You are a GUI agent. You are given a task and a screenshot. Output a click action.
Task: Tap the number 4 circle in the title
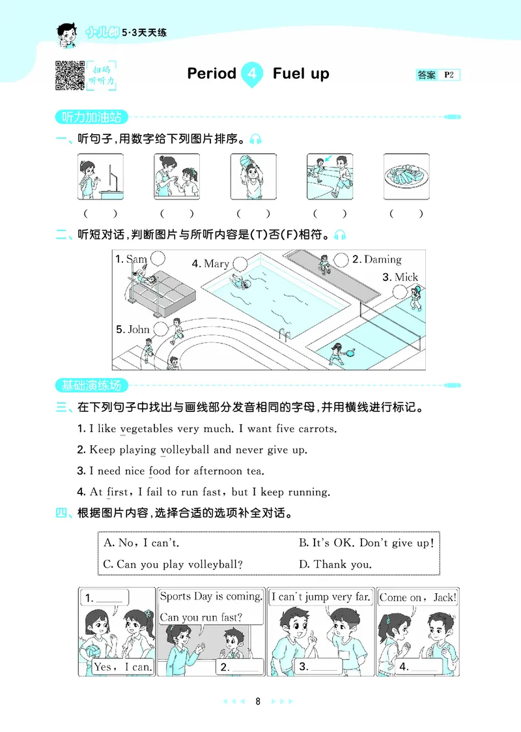coord(251,74)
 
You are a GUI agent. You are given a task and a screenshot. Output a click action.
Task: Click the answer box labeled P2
coord(438,75)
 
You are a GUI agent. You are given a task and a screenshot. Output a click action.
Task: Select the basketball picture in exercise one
coord(253,177)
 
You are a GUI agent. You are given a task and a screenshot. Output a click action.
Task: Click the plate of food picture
coord(406,177)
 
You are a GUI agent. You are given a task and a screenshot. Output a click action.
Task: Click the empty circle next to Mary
coord(240,263)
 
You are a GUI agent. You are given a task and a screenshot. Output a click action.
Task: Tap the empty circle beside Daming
coord(341,259)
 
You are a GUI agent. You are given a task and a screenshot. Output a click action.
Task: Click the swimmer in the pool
coord(240,283)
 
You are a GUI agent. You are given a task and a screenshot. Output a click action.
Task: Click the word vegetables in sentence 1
coord(147,429)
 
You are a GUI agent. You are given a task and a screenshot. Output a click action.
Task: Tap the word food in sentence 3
coord(160,471)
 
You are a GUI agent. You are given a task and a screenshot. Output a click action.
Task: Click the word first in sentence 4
coord(118,491)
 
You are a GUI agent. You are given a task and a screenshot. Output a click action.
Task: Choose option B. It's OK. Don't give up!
coord(366,542)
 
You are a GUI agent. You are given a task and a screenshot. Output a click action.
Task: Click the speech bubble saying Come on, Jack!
coord(417,597)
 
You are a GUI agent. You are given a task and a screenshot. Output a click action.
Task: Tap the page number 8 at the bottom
coord(259,702)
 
